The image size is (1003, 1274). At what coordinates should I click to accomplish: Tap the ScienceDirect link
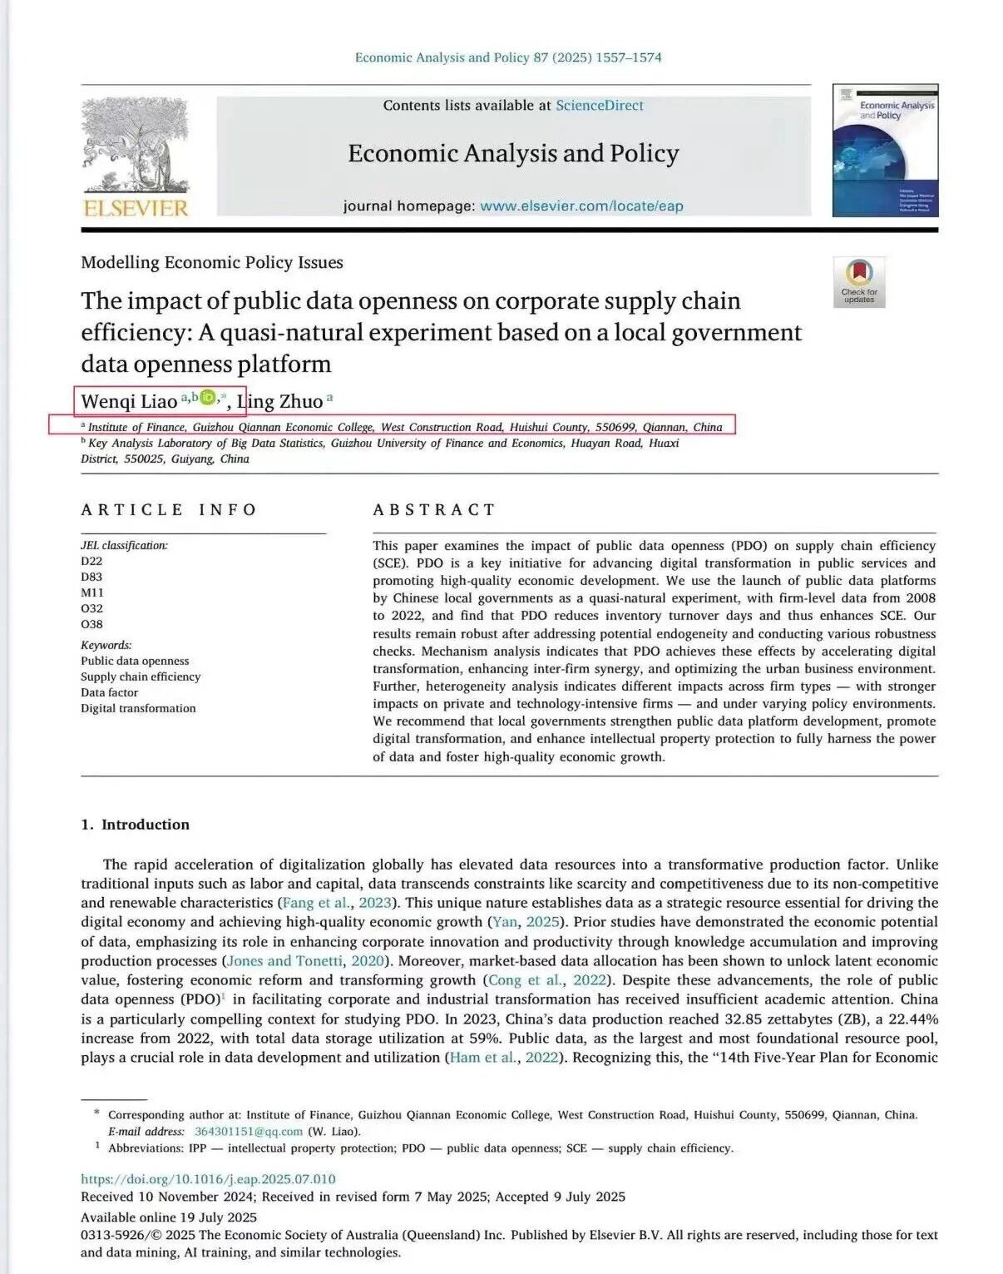(599, 106)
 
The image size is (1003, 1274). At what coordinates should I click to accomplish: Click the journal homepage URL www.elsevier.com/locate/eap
(581, 206)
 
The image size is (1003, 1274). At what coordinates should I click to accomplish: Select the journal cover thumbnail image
(885, 151)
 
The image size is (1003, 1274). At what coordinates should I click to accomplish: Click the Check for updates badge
(859, 282)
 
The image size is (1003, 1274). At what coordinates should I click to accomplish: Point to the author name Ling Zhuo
(279, 402)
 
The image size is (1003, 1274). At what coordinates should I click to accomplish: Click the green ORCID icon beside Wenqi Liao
(207, 398)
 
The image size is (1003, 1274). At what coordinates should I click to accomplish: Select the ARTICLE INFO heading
(169, 510)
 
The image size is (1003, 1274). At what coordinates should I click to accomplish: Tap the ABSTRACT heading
(434, 510)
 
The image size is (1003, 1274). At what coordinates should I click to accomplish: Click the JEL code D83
(91, 577)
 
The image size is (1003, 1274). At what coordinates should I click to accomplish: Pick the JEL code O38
(91, 624)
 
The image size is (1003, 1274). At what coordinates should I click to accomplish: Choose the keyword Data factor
(109, 692)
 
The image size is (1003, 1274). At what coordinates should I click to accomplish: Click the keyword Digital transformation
(138, 708)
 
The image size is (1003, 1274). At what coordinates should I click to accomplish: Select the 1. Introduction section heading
(135, 825)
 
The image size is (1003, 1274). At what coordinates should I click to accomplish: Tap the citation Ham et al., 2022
(503, 1058)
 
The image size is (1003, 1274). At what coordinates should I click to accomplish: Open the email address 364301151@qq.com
(248, 1132)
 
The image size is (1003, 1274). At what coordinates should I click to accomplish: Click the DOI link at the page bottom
(208, 1179)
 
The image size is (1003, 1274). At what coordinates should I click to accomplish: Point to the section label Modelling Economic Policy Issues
(212, 263)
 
